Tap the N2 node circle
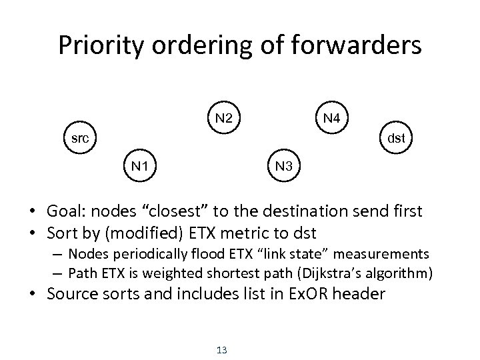[224, 118]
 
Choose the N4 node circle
[331, 118]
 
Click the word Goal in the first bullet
[65, 212]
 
